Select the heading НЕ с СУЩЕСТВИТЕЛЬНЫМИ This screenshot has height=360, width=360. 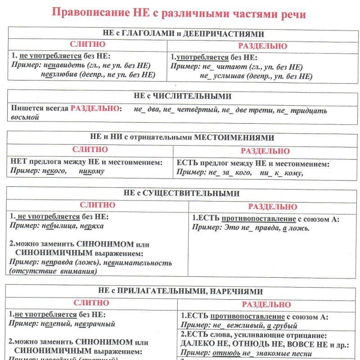pyautogui.click(x=181, y=193)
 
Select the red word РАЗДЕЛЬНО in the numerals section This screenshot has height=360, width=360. pyautogui.click(x=95, y=109)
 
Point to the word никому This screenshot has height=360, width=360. pyautogui.click(x=91, y=171)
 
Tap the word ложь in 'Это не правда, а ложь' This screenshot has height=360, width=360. pyautogui.click(x=298, y=228)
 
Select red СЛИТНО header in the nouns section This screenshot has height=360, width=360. pyautogui.click(x=97, y=205)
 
